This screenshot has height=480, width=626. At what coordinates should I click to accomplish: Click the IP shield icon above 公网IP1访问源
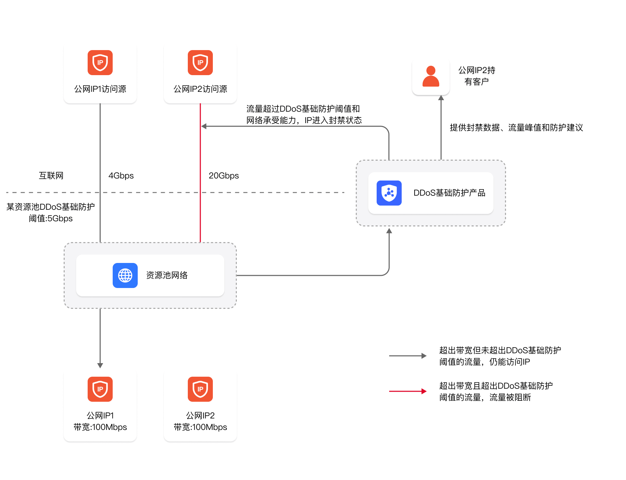(100, 63)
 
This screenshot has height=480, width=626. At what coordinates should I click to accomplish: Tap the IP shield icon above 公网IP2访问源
(200, 63)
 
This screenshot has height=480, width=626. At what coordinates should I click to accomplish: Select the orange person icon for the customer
(431, 76)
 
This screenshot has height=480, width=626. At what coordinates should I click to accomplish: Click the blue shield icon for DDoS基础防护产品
(389, 193)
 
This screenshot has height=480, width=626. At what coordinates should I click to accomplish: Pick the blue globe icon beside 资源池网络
(125, 275)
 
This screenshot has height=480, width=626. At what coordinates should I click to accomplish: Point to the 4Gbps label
(121, 176)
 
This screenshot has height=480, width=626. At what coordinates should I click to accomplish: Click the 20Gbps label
(224, 176)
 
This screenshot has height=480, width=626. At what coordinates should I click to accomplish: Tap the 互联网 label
(51, 176)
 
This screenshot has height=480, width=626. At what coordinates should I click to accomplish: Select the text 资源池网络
(167, 275)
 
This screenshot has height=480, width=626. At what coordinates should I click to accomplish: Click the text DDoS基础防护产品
(449, 193)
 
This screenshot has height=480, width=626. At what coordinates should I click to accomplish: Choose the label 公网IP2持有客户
(477, 76)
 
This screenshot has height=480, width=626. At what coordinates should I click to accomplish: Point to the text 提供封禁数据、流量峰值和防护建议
(516, 128)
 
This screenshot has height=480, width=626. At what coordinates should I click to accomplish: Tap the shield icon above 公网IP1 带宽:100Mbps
(100, 389)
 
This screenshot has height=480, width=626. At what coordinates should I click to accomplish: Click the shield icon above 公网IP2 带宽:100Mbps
(200, 389)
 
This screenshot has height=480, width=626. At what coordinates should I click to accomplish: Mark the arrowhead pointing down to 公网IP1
(100, 365)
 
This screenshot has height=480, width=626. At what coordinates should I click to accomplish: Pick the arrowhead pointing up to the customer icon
(441, 98)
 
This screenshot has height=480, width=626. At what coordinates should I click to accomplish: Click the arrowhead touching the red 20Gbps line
(204, 126)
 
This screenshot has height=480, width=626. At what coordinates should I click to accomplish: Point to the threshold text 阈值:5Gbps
(51, 218)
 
